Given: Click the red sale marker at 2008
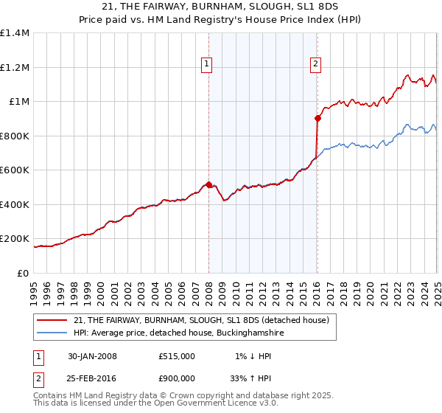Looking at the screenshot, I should (208, 184).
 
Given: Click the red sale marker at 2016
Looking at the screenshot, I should (318, 118).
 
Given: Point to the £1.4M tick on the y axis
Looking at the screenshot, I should (15, 33).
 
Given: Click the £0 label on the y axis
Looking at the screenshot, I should (23, 273).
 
